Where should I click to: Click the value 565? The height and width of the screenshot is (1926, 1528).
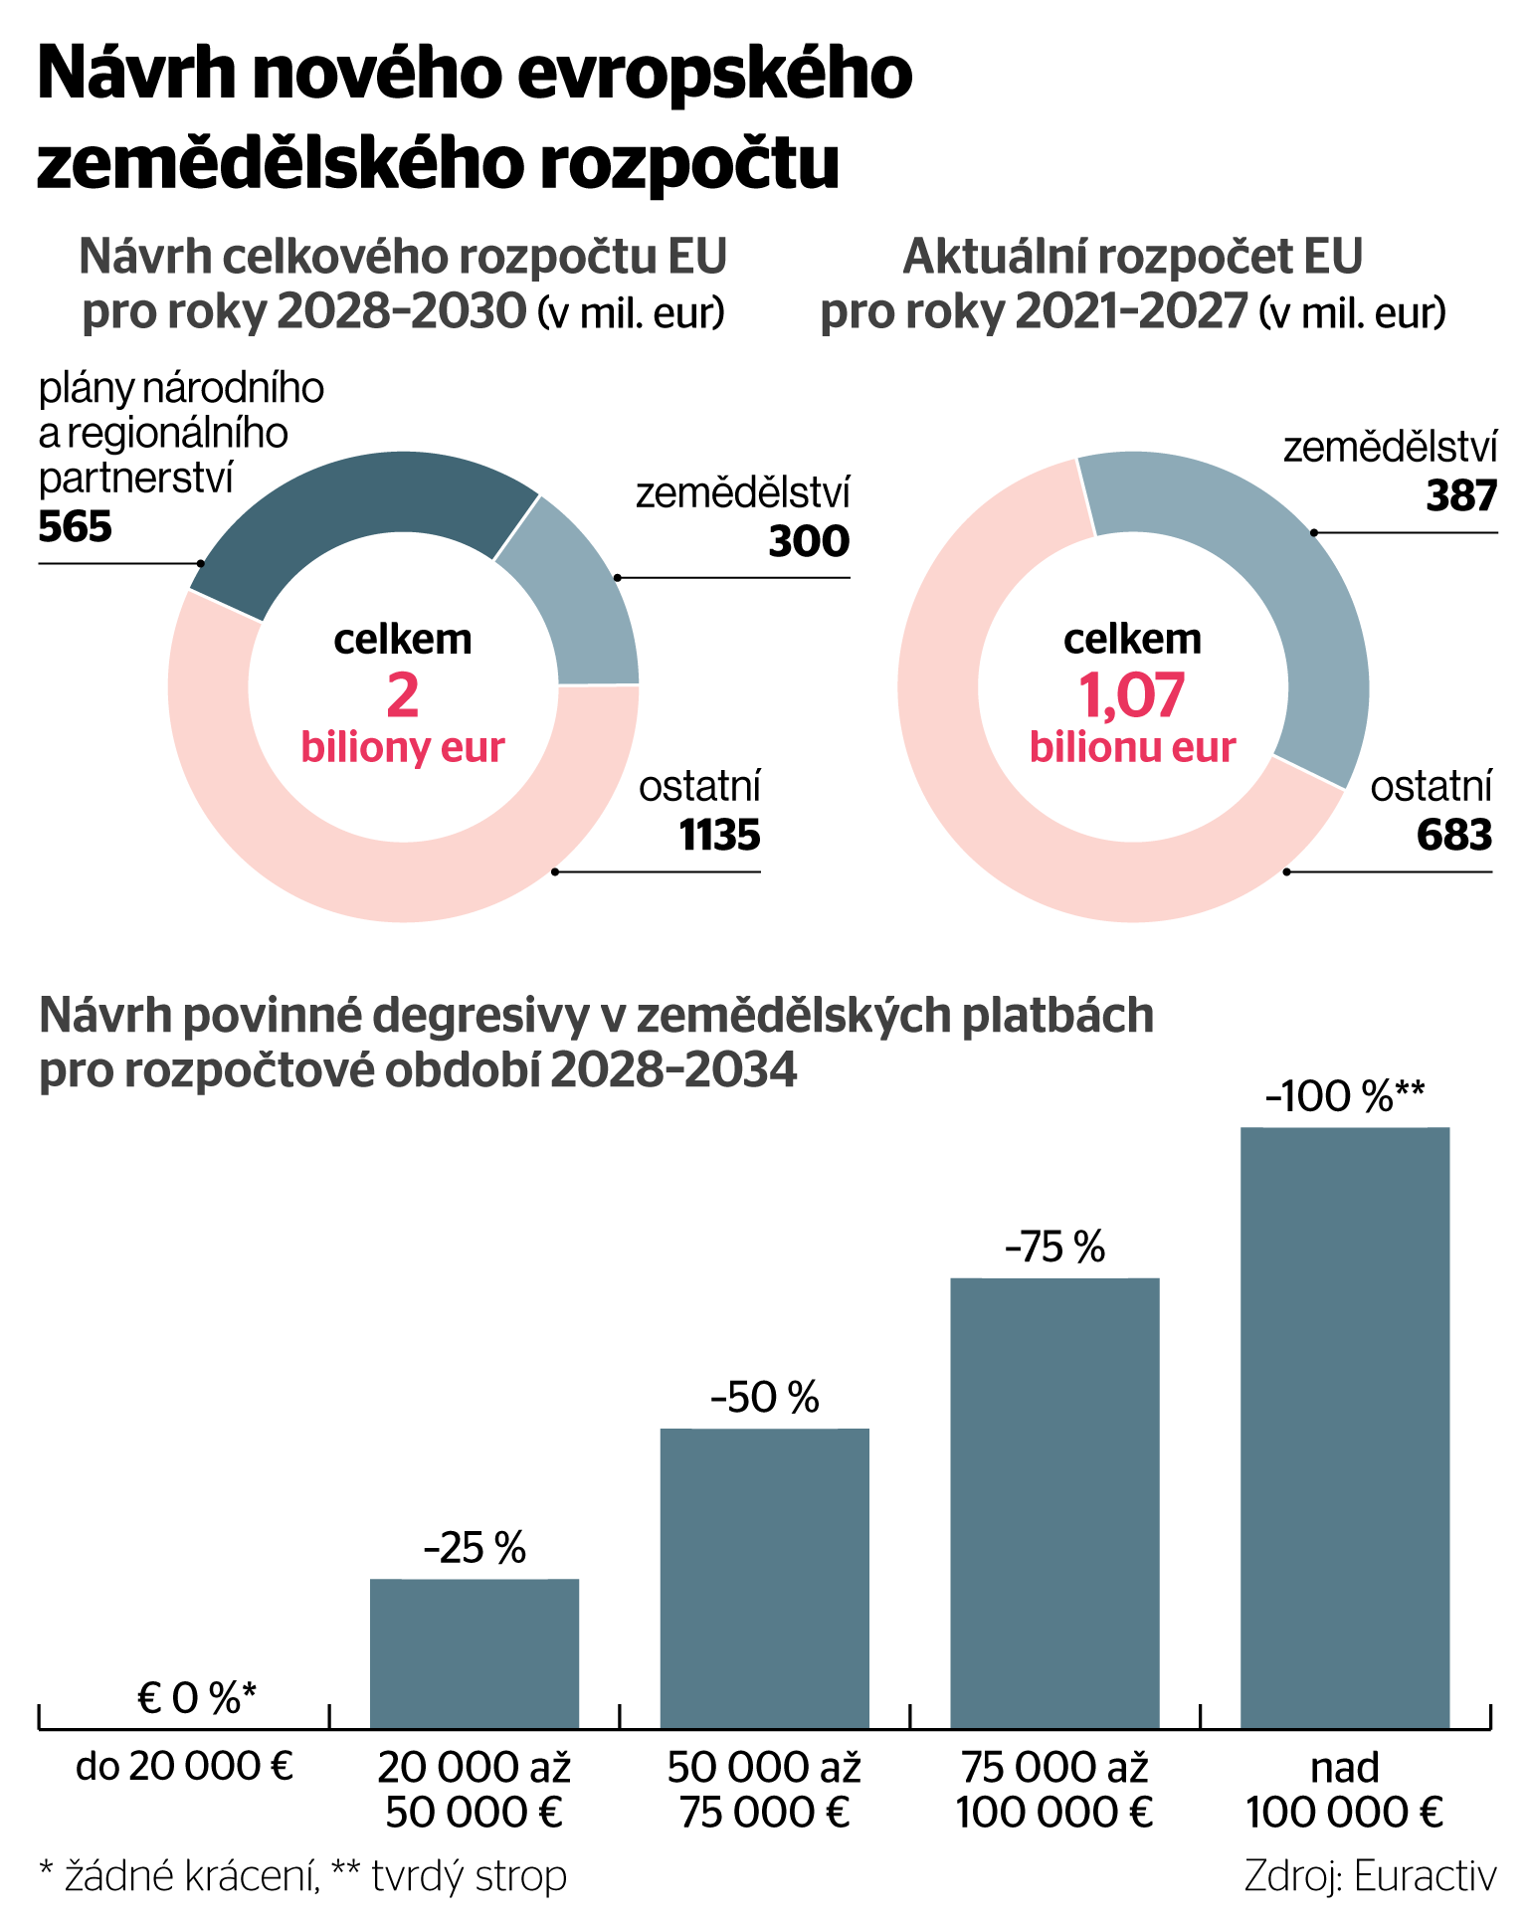[76, 527]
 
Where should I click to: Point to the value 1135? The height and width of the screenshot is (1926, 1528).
[719, 836]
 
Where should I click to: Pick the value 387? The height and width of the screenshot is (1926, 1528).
[1460, 496]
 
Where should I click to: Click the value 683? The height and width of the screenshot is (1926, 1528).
[1453, 836]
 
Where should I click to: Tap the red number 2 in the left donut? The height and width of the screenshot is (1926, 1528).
[402, 695]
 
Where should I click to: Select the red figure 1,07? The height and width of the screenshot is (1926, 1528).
[1132, 695]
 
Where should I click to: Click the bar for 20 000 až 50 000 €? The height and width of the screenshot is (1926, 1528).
[475, 1652]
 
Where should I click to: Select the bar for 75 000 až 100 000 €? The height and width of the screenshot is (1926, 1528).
[1054, 1502]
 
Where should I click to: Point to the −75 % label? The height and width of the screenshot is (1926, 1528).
[1054, 1247]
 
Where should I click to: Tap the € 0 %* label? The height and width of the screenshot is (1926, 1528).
[197, 1698]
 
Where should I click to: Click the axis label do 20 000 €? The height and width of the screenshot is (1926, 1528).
[185, 1768]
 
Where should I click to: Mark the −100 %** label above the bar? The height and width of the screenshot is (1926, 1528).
[1345, 1096]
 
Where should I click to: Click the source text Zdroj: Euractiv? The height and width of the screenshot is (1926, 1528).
[1370, 1876]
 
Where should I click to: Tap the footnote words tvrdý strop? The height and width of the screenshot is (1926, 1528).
[469, 1876]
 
